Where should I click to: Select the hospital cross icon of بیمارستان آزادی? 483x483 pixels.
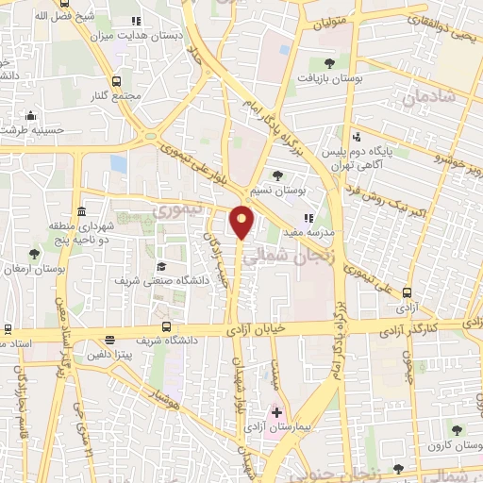pos(276,412)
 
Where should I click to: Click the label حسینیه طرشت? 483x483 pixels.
pos(29,129)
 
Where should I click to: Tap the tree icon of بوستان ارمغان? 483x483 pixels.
pos(35,254)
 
